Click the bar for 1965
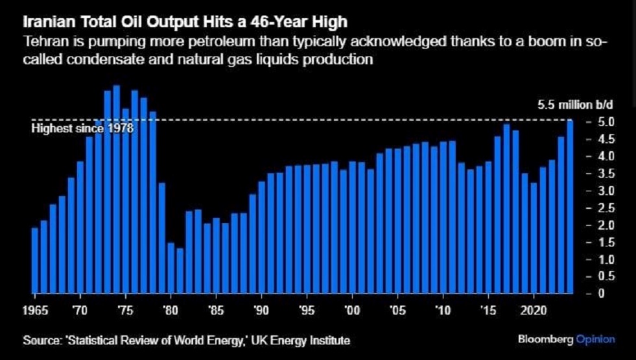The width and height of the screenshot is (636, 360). [35, 260]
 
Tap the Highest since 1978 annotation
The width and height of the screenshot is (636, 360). [82, 128]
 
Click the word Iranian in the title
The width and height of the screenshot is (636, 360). [45, 23]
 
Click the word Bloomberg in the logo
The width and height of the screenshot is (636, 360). [542, 339]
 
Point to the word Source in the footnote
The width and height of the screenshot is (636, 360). [38, 340]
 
